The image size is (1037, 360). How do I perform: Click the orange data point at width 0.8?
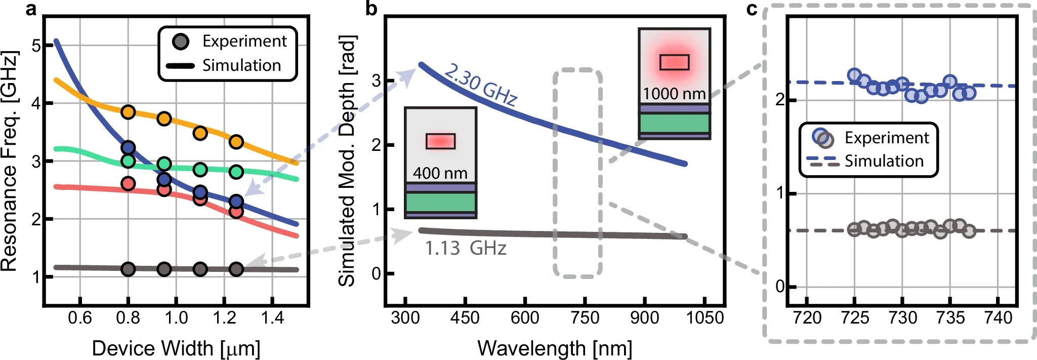pyautogui.click(x=129, y=112)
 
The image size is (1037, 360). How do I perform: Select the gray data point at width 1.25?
pyautogui.click(x=236, y=269)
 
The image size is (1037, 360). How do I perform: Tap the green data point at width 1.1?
pyautogui.click(x=200, y=169)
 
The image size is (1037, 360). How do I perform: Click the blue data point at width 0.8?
pyautogui.click(x=129, y=148)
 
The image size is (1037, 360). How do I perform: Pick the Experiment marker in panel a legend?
pyautogui.click(x=181, y=42)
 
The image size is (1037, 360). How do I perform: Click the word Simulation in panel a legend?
pyautogui.click(x=241, y=65)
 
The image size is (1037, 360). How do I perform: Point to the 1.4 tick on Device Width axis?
pyautogui.click(x=272, y=318)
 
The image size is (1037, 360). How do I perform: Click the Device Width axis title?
pyautogui.click(x=176, y=348)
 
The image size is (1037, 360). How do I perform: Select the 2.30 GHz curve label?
pyautogui.click(x=480, y=85)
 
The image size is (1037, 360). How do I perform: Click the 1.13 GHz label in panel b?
pyautogui.click(x=465, y=249)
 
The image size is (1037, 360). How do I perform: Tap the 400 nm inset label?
pyautogui.click(x=440, y=173)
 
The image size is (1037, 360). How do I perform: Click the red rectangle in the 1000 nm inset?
pyautogui.click(x=674, y=62)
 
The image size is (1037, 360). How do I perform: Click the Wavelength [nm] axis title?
pyautogui.click(x=555, y=348)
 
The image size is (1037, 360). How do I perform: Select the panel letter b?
pyautogui.click(x=371, y=9)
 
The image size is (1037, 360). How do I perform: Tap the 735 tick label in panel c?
pyautogui.click(x=950, y=318)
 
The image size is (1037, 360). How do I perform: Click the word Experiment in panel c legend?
pyautogui.click(x=886, y=138)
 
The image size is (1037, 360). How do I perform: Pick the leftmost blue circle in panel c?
pyautogui.click(x=855, y=75)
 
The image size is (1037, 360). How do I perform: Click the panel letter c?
pyautogui.click(x=752, y=9)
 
